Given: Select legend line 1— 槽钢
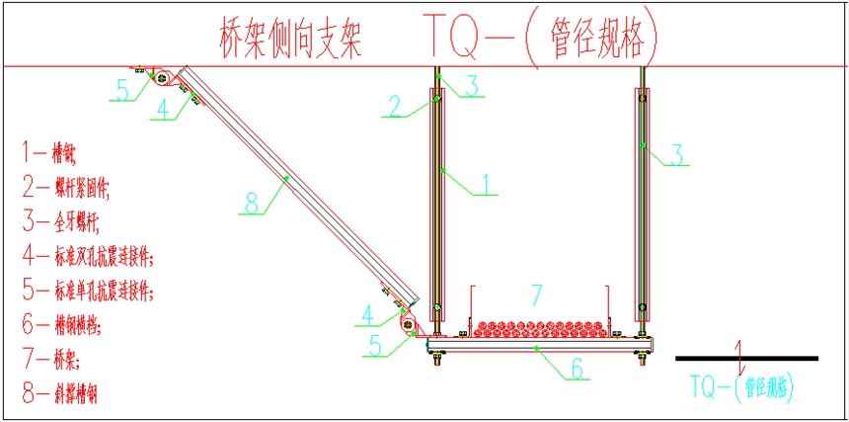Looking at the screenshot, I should point(49,153).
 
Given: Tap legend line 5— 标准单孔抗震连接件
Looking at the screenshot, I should point(89,291).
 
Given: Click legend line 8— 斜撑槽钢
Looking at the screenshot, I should point(59,394).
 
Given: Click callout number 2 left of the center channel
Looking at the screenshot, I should point(394,106).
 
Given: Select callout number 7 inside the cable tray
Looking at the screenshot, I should point(537,294).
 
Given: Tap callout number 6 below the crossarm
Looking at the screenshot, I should point(579,370).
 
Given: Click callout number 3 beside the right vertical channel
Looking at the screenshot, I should point(677,154).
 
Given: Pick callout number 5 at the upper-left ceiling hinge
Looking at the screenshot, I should point(121,89).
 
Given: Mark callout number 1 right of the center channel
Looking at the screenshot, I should point(485,183).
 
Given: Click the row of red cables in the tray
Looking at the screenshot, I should point(538,326).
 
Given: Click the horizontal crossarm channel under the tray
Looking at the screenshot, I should point(538,347).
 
